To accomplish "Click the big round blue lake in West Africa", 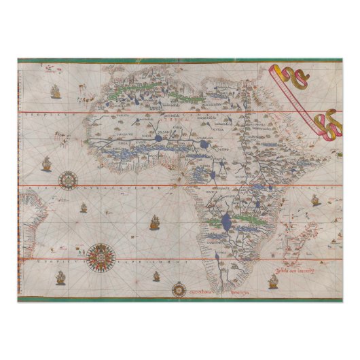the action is click(x=158, y=138).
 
